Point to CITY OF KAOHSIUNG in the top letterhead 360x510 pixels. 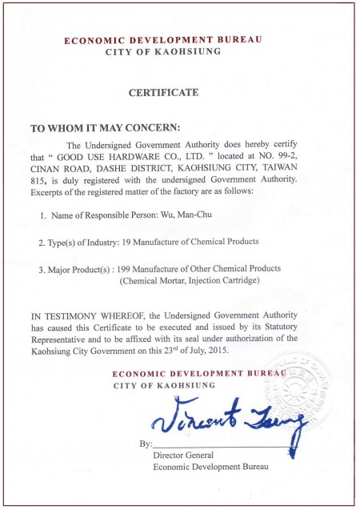point(163,52)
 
